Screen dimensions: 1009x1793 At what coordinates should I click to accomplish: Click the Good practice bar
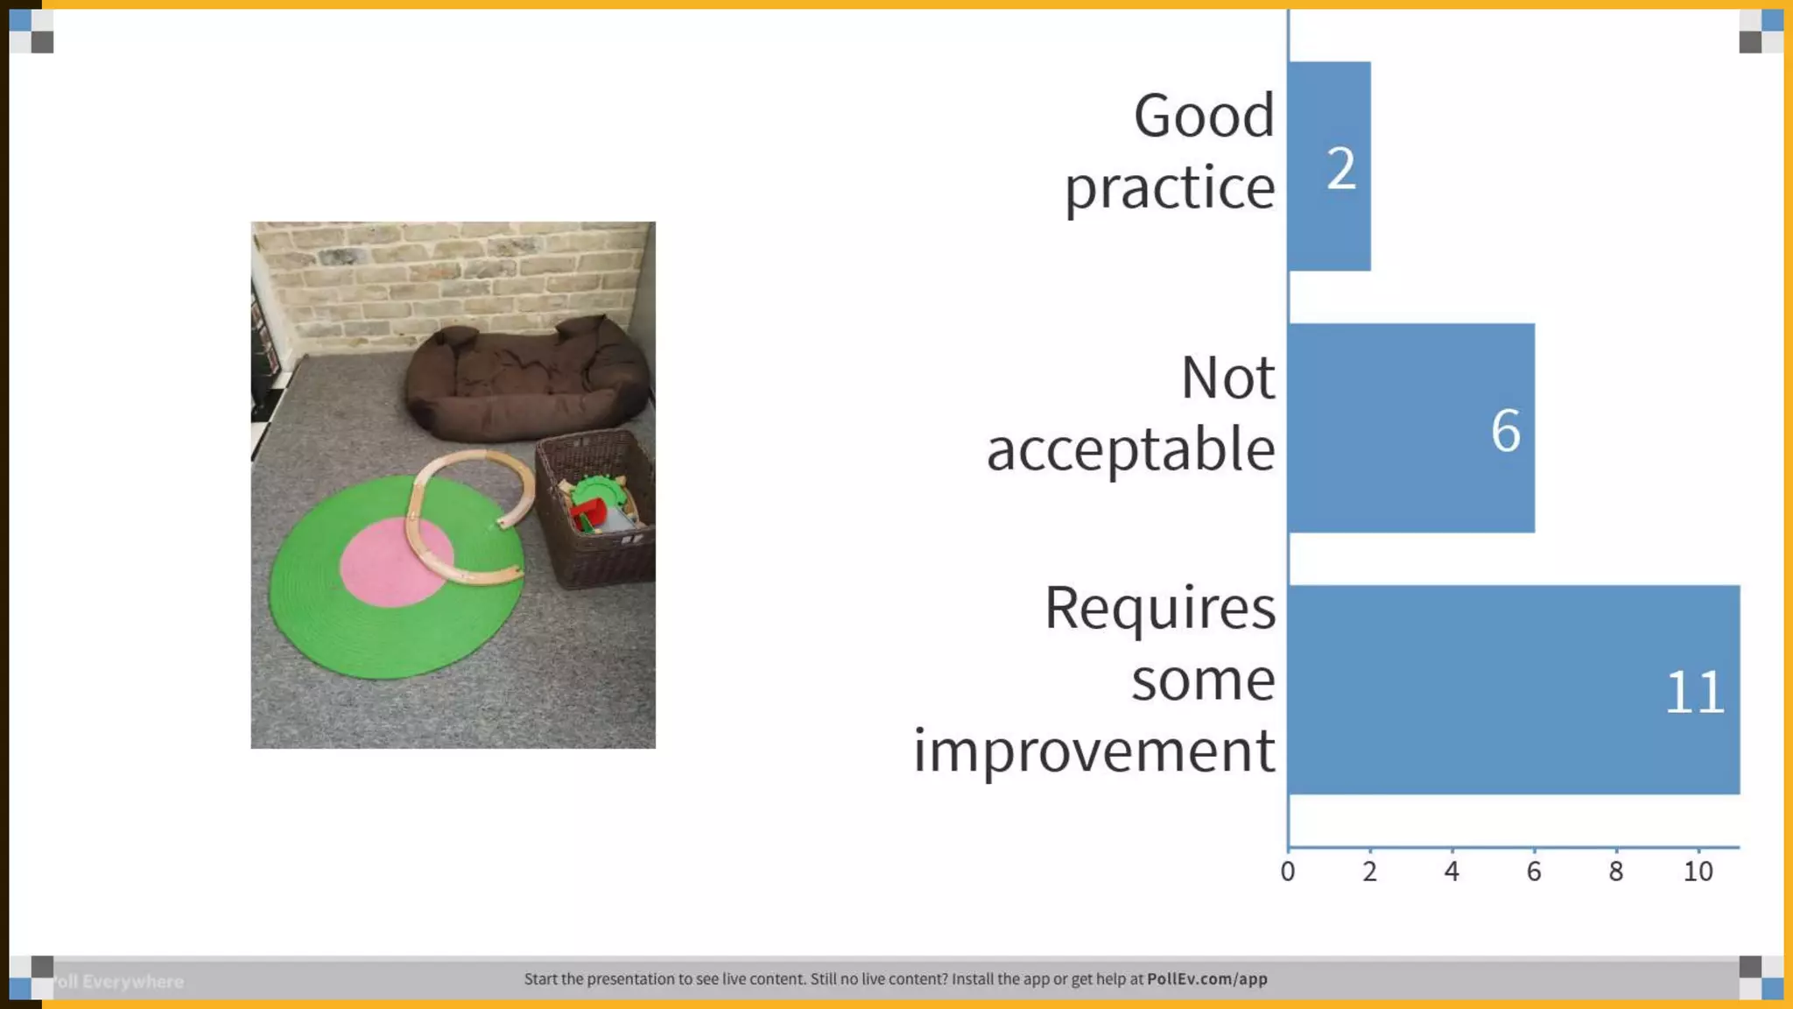[1329, 166]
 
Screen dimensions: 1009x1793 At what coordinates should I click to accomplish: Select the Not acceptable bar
[1410, 428]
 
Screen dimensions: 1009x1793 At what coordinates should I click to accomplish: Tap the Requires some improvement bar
[1513, 690]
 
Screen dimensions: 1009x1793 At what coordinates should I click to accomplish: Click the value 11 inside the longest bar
[1694, 693]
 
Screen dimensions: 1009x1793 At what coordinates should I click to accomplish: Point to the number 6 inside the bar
[1505, 431]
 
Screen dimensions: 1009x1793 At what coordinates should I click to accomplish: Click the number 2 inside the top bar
[1340, 168]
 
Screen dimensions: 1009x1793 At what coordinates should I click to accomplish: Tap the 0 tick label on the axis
[1287, 871]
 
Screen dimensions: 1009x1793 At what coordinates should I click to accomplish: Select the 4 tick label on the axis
[1452, 871]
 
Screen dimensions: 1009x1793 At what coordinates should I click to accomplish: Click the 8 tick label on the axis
[1615, 871]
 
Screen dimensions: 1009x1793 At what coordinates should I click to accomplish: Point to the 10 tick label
[1698, 871]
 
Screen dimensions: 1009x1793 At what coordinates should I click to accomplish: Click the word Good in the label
[1204, 116]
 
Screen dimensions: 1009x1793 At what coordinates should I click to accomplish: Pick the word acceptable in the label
[1130, 449]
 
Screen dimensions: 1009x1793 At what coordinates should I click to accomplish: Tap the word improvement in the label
[1093, 751]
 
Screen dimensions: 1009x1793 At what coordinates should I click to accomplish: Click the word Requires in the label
[1159, 607]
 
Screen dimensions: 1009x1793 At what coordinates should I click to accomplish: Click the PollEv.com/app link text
[1206, 979]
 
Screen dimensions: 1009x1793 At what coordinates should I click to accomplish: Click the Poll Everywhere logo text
[118, 982]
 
